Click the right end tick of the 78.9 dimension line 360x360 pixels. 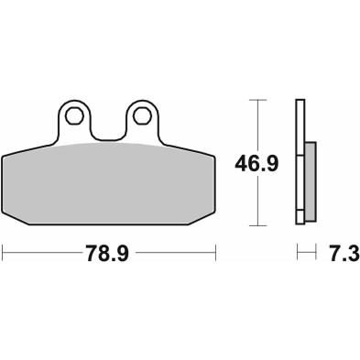tap(215, 250)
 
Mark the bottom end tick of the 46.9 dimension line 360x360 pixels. tap(259, 224)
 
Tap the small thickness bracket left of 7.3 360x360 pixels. tap(306, 250)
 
